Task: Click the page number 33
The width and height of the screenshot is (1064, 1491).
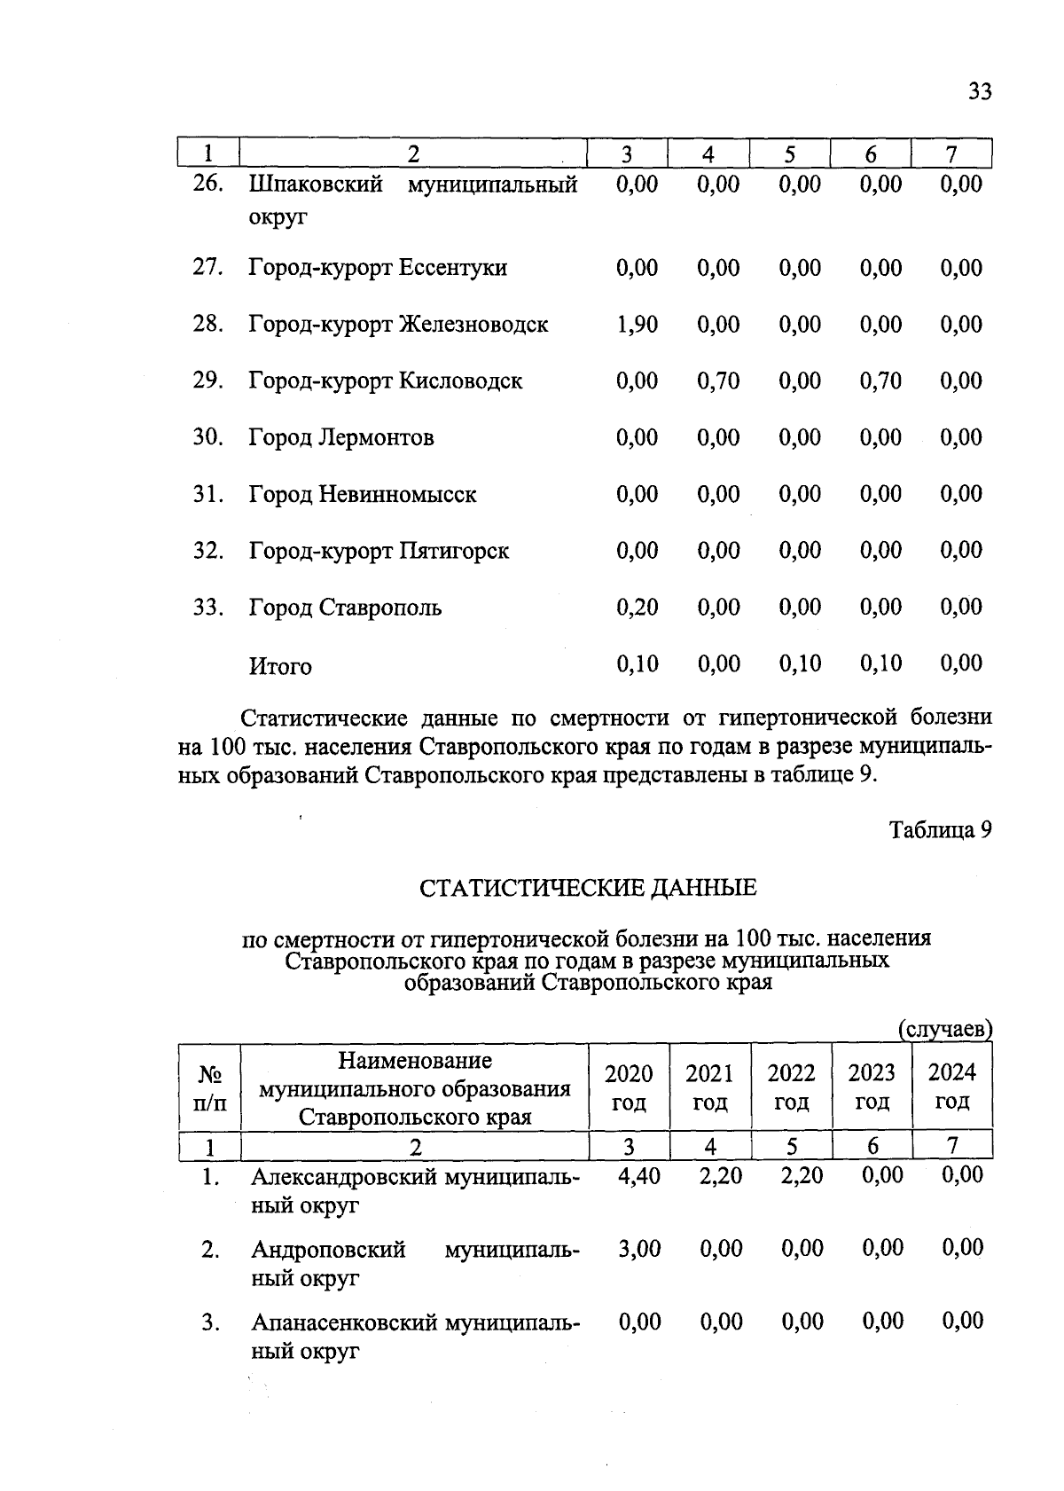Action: point(980,91)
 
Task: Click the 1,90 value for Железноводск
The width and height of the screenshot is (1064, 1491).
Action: point(637,325)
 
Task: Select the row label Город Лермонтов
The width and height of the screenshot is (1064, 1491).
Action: point(341,438)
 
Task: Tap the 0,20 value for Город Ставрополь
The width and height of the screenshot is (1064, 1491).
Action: point(637,608)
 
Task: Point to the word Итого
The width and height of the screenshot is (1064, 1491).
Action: point(280,666)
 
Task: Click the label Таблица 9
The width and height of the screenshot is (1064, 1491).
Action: point(940,830)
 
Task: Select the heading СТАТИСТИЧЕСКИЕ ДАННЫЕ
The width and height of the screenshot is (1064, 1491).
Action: point(588,888)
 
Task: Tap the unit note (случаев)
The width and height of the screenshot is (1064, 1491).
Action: point(945,1030)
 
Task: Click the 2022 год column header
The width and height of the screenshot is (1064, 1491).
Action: point(791,1087)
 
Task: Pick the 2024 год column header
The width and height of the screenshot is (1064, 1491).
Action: point(952,1087)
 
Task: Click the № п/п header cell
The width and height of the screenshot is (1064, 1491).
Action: point(209,1088)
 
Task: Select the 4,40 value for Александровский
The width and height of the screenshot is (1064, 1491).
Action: point(638,1176)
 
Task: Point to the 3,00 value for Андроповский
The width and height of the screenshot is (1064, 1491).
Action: point(638,1249)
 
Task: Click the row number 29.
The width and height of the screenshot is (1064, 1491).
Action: point(207,381)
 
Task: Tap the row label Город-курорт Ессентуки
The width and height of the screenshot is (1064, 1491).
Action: point(378,268)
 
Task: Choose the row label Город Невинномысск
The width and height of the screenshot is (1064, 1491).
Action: point(363,495)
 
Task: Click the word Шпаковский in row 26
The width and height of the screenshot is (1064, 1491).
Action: point(317,185)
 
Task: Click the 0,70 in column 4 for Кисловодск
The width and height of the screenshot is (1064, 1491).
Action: point(718,381)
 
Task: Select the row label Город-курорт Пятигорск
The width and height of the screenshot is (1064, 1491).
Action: point(379,552)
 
